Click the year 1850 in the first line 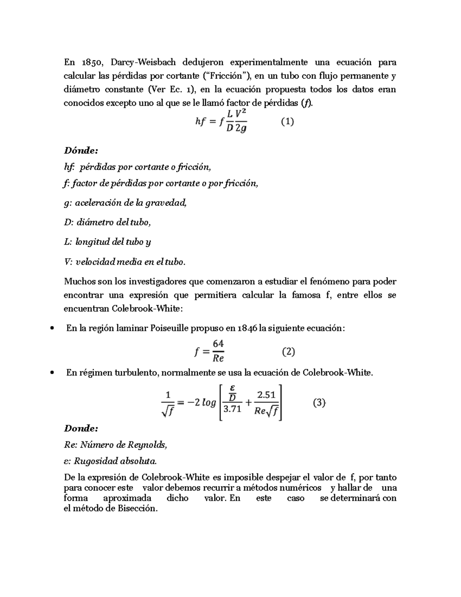(x=91, y=62)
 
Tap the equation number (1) (x=287, y=122)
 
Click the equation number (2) (x=288, y=351)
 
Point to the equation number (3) (x=319, y=403)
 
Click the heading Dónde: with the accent (x=79, y=150)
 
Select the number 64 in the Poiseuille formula (x=218, y=344)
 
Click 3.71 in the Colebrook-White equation (x=232, y=409)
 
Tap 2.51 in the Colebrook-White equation (x=266, y=395)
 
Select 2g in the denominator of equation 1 (x=240, y=129)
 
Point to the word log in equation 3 (x=209, y=403)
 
